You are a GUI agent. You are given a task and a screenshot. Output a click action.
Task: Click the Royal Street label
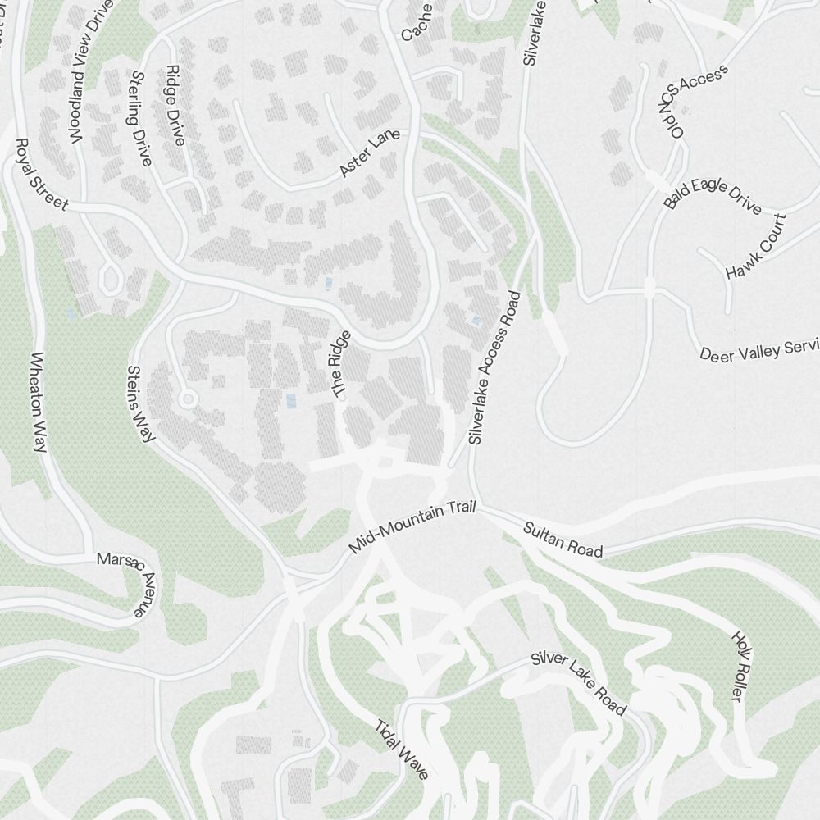pos(41,175)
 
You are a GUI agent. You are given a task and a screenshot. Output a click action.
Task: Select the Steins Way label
pos(141,403)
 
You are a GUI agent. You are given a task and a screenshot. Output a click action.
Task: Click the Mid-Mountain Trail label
pos(412,528)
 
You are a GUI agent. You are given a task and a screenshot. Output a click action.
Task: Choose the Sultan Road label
pos(563,540)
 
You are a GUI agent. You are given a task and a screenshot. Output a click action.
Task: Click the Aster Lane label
pos(369,154)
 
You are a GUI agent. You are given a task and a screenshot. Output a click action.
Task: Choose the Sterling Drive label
pos(140,118)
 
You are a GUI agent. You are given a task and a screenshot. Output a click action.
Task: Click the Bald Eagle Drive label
pos(713,195)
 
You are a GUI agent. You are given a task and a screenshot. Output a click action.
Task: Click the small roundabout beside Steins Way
pos(188,399)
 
